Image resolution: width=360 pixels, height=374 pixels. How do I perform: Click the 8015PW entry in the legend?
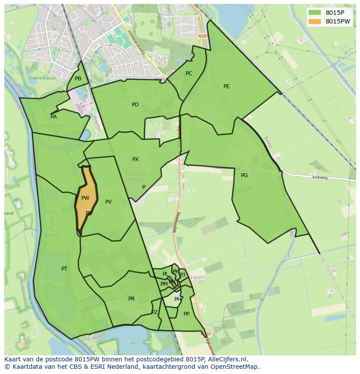tap(337, 21)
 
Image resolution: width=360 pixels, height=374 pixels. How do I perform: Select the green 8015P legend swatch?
tap(314, 13)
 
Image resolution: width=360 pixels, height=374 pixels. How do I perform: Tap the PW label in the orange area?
tap(85, 198)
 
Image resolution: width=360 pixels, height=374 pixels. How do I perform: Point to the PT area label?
tap(64, 269)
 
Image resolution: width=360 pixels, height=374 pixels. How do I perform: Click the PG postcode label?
tap(244, 175)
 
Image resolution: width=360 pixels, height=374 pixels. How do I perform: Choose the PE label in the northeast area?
tap(227, 86)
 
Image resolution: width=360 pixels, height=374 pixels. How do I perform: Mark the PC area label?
tap(189, 73)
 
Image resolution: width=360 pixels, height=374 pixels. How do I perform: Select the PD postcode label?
tap(135, 105)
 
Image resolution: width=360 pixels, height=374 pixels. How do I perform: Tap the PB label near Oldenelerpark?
tap(78, 79)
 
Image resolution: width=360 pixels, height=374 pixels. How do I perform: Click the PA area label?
tap(53, 117)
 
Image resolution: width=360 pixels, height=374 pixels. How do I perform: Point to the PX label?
tap(135, 159)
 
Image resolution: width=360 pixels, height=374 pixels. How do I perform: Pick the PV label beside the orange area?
tap(108, 202)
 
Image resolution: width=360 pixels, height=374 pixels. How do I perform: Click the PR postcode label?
tap(131, 299)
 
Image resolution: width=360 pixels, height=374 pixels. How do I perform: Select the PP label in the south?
tap(187, 314)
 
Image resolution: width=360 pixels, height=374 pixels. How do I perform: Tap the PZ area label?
tap(154, 312)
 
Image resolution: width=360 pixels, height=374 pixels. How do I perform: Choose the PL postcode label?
tap(165, 274)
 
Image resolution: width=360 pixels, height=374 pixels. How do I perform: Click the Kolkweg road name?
tap(319, 177)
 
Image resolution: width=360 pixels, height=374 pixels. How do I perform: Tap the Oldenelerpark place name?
tap(42, 79)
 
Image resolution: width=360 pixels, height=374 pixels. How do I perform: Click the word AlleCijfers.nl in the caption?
tap(226, 359)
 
